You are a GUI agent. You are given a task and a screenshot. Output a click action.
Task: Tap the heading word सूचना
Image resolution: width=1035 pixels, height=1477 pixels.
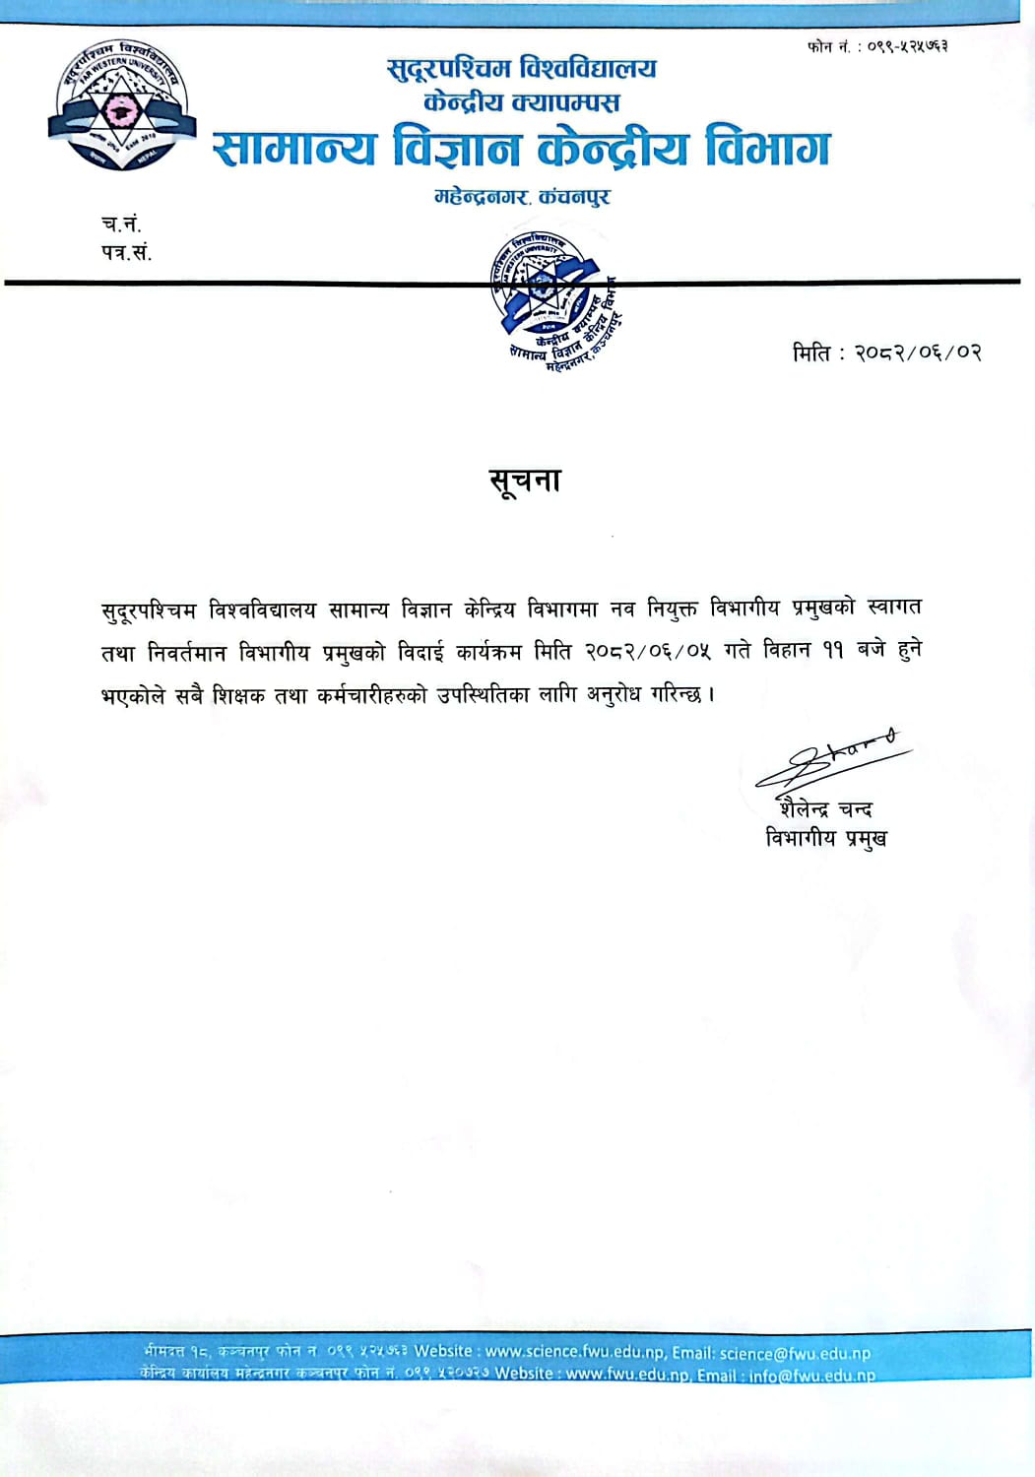[525, 482]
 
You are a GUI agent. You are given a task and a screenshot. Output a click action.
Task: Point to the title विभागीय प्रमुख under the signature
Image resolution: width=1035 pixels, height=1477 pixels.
[826, 839]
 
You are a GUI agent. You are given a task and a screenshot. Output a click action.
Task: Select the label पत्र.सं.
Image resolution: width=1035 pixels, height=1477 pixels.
[126, 252]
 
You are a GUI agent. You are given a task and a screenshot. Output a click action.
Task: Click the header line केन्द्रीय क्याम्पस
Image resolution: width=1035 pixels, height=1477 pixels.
[521, 101]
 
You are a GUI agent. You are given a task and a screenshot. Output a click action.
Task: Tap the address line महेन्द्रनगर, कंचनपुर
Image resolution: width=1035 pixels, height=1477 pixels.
[522, 197]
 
